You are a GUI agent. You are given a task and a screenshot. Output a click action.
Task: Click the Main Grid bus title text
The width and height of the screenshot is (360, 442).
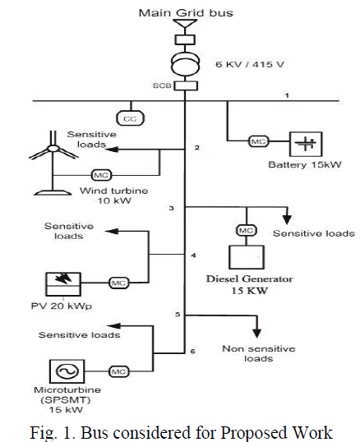point(186,13)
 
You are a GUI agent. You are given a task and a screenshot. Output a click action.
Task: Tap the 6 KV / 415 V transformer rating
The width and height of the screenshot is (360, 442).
point(250,64)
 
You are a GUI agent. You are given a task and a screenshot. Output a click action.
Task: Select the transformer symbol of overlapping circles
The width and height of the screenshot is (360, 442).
point(186,62)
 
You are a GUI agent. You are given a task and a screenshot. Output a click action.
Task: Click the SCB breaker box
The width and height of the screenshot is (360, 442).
point(186,85)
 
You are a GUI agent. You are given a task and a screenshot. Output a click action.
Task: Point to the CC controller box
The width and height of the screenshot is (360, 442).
point(130,118)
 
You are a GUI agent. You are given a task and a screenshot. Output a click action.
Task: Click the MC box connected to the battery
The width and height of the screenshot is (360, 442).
point(259,141)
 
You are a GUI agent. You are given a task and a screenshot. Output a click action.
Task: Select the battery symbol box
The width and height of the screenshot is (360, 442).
point(306,144)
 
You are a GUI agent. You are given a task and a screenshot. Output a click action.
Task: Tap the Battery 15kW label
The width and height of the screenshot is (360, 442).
point(305,164)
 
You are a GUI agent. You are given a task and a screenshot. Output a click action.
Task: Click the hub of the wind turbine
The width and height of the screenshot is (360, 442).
point(53,149)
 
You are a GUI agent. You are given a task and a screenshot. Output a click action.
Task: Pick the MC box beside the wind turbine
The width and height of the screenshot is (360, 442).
point(101,175)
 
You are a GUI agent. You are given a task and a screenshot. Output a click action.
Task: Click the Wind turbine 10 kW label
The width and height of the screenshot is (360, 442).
point(114,196)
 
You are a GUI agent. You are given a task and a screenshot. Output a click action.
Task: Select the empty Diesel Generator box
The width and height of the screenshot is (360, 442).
point(247,257)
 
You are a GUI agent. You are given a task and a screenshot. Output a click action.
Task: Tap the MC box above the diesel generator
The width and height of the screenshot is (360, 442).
point(246,231)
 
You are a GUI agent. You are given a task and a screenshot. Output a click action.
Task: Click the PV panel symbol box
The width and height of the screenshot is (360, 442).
point(63,284)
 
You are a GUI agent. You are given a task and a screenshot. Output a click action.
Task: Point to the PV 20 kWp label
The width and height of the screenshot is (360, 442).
point(62,306)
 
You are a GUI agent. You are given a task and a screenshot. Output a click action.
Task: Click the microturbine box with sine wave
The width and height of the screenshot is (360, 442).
point(67,371)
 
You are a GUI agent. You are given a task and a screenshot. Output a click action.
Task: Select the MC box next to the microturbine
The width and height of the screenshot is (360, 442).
point(118,371)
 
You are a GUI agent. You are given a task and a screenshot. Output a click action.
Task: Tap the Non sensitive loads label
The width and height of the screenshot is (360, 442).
point(259,353)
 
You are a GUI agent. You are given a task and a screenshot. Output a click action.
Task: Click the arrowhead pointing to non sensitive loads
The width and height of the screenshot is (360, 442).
point(256,333)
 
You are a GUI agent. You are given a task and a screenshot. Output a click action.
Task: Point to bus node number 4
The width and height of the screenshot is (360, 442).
point(193,256)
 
